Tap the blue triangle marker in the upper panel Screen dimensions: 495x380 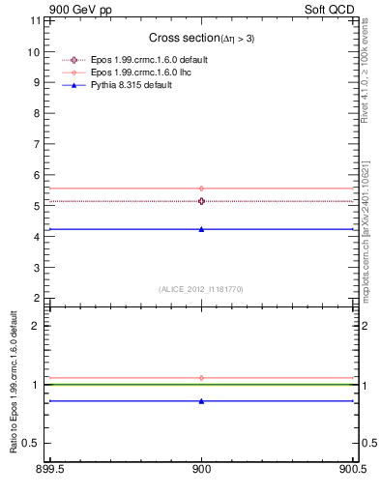click(201, 229)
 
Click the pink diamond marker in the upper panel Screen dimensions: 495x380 click(201, 189)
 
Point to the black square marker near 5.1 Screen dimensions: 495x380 click(201, 201)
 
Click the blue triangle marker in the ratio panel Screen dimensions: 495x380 click(201, 400)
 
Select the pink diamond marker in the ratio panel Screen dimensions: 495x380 click(201, 378)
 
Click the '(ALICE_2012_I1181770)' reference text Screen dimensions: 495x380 click(201, 288)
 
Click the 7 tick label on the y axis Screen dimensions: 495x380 click(36, 144)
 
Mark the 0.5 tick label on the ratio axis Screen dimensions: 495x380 click(32, 443)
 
